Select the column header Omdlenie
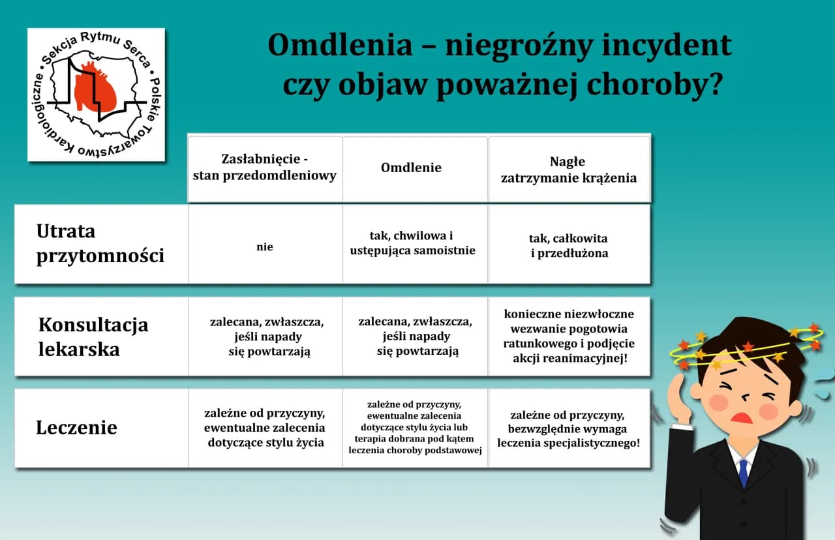pyautogui.click(x=411, y=168)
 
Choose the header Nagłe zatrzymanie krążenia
pyautogui.click(x=568, y=170)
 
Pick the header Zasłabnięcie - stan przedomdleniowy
pyautogui.click(x=265, y=168)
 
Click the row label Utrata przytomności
pyautogui.click(x=100, y=244)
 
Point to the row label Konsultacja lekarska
pyautogui.click(x=93, y=337)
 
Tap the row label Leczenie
pyautogui.click(x=76, y=428)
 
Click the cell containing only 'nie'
pyautogui.click(x=265, y=247)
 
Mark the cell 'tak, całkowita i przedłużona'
pyautogui.click(x=569, y=246)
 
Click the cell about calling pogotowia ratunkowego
pyautogui.click(x=569, y=336)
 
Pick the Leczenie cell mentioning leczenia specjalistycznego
pyautogui.click(x=568, y=428)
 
